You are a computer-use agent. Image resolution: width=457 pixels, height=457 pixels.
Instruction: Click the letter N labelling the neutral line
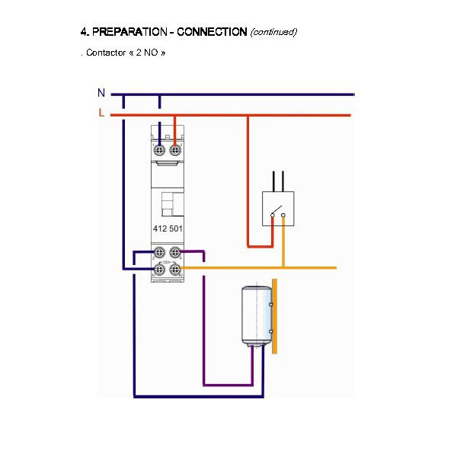coord(101,93)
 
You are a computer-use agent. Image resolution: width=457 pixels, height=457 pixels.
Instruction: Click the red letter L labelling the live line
coord(101,113)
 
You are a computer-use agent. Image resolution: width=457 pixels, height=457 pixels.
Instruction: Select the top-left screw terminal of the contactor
coord(160,150)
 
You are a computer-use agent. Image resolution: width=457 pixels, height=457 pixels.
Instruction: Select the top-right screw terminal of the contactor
coord(175,150)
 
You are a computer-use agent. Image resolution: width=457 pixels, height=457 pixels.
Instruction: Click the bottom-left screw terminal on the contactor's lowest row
coord(160,269)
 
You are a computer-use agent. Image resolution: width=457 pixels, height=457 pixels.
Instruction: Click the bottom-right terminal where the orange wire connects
coord(175,269)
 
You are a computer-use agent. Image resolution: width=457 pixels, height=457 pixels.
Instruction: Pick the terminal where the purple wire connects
coord(175,252)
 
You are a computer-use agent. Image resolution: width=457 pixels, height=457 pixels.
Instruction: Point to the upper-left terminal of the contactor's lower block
coord(160,252)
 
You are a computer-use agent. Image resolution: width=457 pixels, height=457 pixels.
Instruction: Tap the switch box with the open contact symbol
coord(277,209)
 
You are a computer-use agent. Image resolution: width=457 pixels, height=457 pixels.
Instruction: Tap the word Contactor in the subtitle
coord(105,53)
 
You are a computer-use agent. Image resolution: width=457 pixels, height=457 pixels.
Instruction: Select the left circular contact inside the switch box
coord(271,216)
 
